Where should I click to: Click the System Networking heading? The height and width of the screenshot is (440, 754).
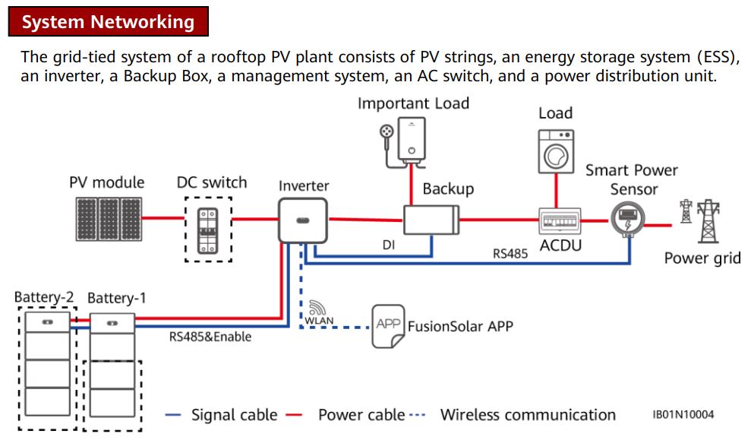108,22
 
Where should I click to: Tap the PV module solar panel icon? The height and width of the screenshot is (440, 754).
108,220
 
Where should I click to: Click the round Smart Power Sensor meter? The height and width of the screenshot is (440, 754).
627,219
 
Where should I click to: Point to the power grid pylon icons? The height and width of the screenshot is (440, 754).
701,220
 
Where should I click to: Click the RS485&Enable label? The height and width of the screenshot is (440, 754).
210,336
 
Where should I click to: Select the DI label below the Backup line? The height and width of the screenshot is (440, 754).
389,246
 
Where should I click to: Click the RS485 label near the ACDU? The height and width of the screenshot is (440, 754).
510,254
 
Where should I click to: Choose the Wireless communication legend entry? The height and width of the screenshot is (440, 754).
528,415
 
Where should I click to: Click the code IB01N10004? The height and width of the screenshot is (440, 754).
683,415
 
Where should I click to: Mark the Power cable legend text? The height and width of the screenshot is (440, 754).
361,415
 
